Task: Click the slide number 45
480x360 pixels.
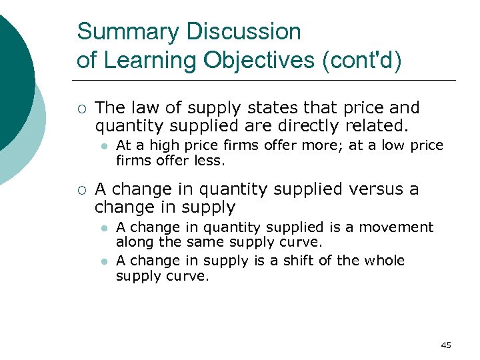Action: pos(446,345)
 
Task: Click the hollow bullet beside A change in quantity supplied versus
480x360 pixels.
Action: pos(81,190)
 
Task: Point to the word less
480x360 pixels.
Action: pos(213,161)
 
